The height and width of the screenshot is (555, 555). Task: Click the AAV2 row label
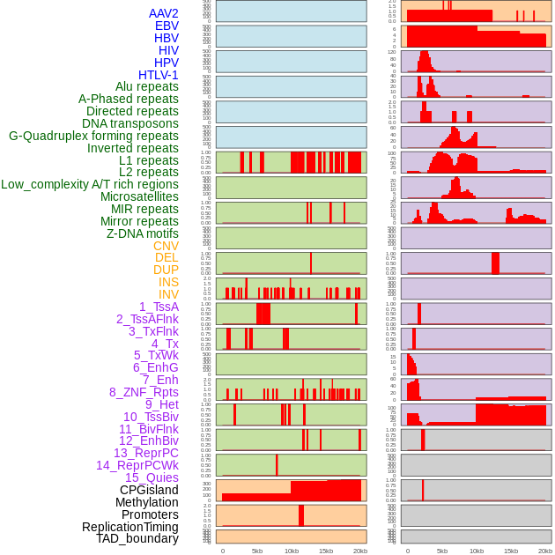tap(164, 13)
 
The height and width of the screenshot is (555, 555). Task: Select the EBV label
tap(166, 26)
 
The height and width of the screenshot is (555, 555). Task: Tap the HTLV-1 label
tap(159, 75)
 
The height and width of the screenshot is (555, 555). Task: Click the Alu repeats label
tap(147, 86)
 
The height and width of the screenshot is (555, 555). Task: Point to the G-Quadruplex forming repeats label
tap(93, 136)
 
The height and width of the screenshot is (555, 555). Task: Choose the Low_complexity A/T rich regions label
tap(90, 184)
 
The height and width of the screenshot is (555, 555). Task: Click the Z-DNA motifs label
tap(143, 233)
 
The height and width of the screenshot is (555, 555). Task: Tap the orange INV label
tap(168, 294)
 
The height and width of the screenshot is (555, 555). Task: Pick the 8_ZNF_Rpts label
tap(144, 392)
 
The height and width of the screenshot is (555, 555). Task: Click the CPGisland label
tap(149, 490)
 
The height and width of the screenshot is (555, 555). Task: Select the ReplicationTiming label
tap(130, 527)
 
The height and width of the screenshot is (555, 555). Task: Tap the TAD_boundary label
tap(137, 538)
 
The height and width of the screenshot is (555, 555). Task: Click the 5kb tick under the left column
tap(257, 551)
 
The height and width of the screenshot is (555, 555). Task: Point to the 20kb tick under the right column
tap(545, 551)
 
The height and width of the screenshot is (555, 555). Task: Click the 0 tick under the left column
tap(222, 551)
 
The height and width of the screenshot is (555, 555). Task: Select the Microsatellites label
tap(139, 196)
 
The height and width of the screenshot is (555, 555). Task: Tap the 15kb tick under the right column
tap(511, 551)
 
